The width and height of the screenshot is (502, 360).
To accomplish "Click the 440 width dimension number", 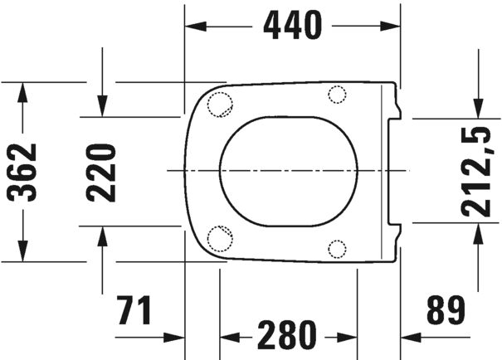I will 292,27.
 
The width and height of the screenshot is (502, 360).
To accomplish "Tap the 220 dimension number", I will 101,172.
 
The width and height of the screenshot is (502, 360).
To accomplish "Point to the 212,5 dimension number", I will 476,171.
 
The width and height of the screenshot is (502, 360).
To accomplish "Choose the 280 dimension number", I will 286,336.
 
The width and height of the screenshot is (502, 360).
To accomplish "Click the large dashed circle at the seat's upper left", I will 220,103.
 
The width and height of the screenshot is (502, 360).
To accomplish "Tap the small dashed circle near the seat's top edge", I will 337,94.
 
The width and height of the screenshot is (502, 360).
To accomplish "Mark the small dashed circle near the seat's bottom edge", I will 337,247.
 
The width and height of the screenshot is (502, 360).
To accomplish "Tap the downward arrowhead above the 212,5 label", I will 478,109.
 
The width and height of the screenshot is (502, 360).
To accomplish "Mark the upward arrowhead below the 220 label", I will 101,235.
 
